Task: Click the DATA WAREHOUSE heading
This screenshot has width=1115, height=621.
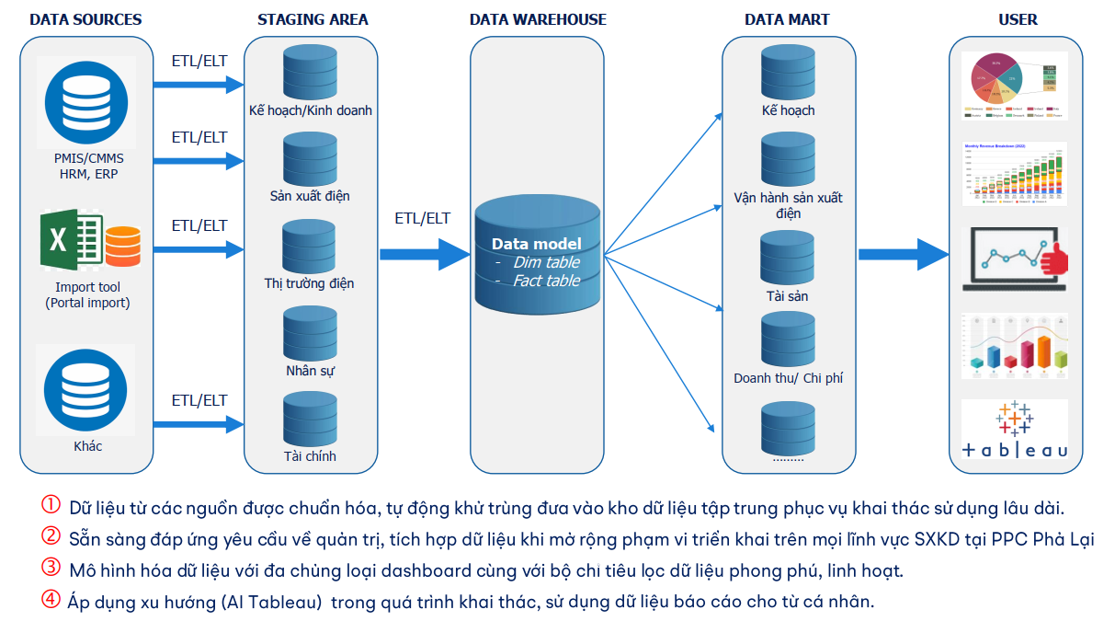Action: (x=538, y=19)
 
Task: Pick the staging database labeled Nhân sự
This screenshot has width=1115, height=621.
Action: (x=310, y=332)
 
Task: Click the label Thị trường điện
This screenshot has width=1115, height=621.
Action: (x=309, y=283)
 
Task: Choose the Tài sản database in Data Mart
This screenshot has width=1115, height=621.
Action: (x=788, y=258)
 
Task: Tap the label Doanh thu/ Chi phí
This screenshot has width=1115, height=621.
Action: (x=788, y=378)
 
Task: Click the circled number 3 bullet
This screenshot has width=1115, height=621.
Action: (x=51, y=569)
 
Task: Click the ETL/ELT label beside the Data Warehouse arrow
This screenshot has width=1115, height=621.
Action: (x=423, y=219)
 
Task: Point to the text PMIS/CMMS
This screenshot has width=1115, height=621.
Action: (x=88, y=158)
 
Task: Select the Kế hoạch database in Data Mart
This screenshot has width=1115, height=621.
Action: (x=788, y=72)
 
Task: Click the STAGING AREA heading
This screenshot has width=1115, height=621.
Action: (x=313, y=19)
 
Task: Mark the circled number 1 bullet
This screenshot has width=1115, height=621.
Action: (x=51, y=506)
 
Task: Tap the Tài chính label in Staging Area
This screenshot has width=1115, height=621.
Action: (x=310, y=456)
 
